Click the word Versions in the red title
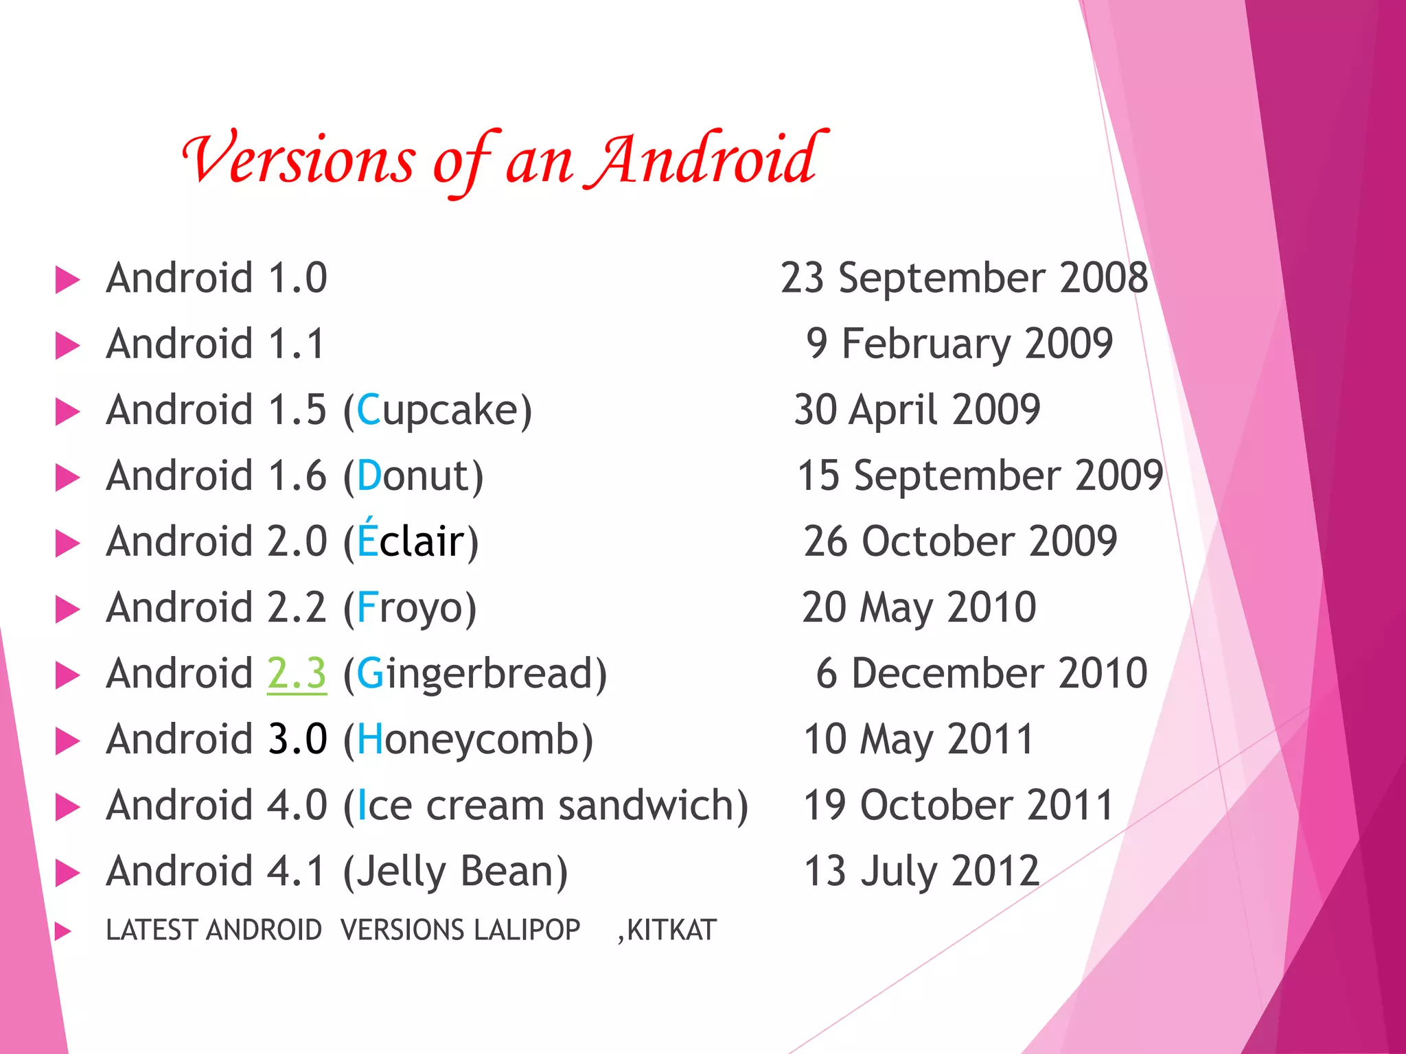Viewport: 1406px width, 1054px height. (x=299, y=159)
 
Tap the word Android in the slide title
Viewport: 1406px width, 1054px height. (x=704, y=159)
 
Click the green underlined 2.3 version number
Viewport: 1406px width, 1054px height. (x=297, y=673)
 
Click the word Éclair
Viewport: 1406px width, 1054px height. (x=411, y=541)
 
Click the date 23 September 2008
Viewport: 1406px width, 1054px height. (x=964, y=279)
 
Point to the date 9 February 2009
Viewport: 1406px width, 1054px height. (x=959, y=344)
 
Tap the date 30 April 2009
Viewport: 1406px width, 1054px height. (x=917, y=410)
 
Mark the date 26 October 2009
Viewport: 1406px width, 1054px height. (x=960, y=541)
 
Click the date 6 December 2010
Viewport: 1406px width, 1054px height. (x=982, y=673)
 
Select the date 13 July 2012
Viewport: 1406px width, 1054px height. (x=921, y=871)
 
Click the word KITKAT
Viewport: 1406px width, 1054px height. (x=671, y=930)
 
